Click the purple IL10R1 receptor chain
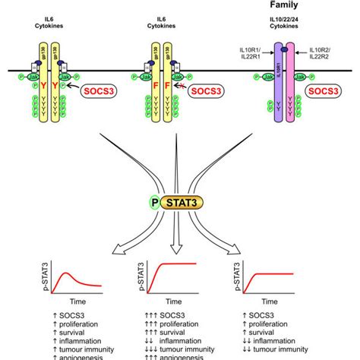(279, 99)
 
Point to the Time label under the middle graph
(180, 301)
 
